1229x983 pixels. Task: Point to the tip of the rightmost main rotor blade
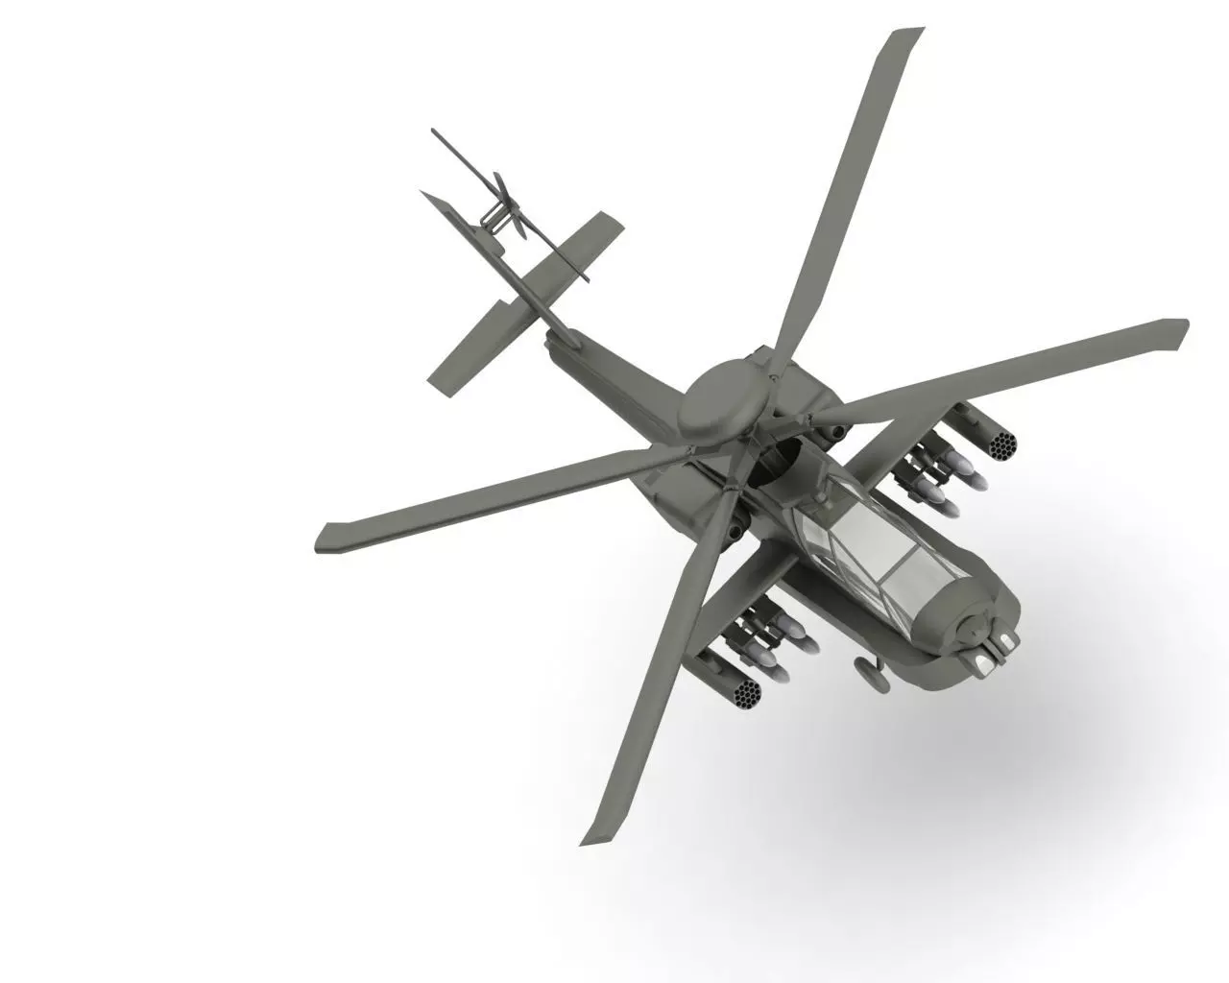[1179, 331]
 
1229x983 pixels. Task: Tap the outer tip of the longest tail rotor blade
[436, 133]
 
